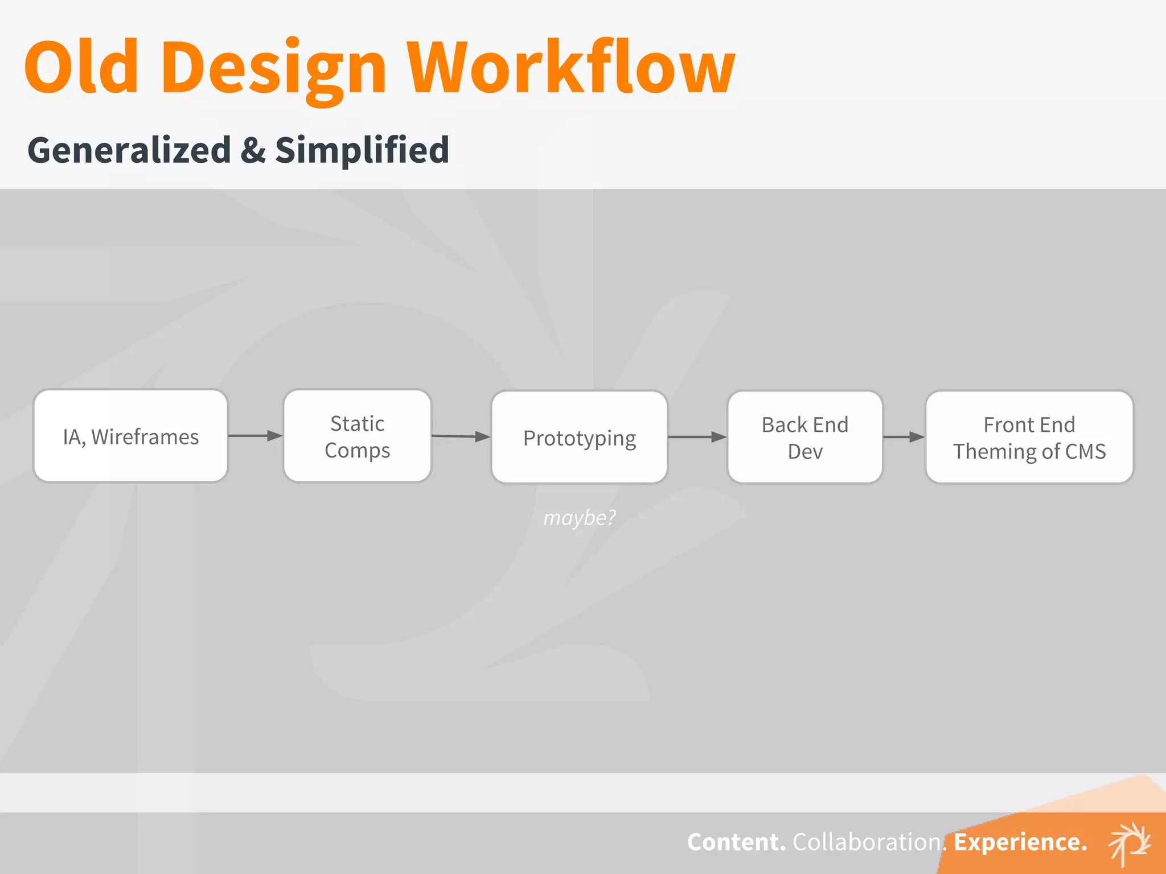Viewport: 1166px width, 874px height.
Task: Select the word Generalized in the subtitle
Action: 129,150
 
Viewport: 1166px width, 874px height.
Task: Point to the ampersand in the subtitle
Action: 253,151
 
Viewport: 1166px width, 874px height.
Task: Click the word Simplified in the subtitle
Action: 362,151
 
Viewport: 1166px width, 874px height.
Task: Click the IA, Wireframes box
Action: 131,436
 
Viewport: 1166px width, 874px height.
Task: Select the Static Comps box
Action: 357,436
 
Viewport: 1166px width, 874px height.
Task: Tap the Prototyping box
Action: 579,437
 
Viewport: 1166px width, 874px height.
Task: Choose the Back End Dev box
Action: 804,437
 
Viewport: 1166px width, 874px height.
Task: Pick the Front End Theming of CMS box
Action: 1029,437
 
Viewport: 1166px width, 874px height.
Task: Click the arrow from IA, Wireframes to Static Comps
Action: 255,436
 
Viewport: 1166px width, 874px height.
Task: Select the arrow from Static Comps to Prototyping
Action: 461,436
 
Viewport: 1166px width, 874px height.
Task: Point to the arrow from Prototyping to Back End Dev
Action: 697,437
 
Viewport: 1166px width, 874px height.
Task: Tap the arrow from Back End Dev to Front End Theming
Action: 904,437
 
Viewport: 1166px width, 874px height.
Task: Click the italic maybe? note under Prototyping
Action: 579,518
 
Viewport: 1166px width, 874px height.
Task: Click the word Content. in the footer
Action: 736,842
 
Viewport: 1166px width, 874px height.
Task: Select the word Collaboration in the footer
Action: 867,842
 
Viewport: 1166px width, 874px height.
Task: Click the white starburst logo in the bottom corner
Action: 1130,843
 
